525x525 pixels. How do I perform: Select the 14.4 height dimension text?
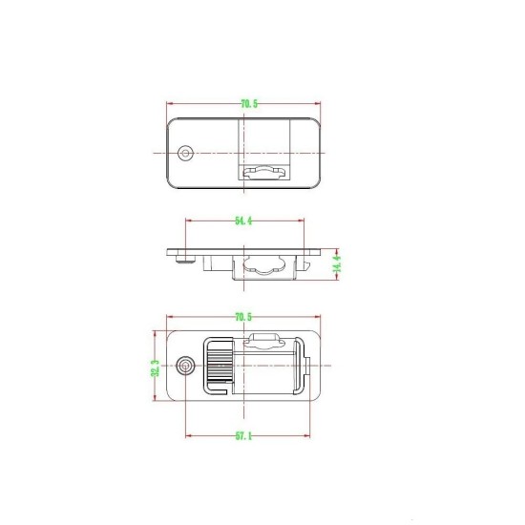[337, 262]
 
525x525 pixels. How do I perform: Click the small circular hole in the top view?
[186, 153]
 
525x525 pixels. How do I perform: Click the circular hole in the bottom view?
[186, 366]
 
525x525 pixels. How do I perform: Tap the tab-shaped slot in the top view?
[266, 174]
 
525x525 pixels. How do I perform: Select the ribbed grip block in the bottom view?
[218, 367]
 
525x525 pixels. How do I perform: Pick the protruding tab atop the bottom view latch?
[264, 336]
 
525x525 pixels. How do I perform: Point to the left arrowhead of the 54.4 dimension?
[188, 221]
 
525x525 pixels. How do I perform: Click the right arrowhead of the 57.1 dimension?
[306, 436]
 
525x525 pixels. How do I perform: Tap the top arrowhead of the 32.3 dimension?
[155, 333]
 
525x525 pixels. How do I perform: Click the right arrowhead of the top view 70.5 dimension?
[322, 103]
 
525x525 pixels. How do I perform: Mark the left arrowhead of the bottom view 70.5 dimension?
[169, 317]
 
